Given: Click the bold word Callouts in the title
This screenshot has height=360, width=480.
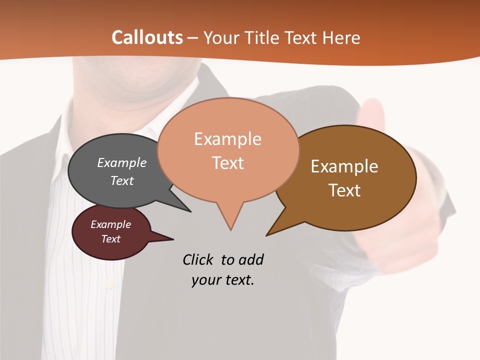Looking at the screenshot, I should pyautogui.click(x=147, y=37).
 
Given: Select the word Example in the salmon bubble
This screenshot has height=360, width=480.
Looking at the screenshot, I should pyautogui.click(x=227, y=139).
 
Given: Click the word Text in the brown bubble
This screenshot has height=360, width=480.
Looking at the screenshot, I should pyautogui.click(x=344, y=190).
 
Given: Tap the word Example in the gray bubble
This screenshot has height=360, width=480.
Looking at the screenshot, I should pyautogui.click(x=122, y=162).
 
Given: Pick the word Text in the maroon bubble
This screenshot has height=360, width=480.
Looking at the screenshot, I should pyautogui.click(x=110, y=239).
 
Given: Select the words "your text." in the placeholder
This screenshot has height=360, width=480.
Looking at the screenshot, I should pyautogui.click(x=223, y=280).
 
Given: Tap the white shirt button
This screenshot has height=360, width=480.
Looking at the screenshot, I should pyautogui.click(x=108, y=284).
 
